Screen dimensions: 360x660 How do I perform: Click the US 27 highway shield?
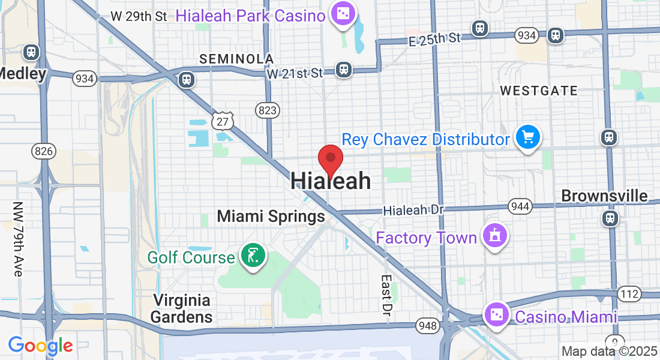point(222,120)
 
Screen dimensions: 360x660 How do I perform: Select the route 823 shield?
point(266,110)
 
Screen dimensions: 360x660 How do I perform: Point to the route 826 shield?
point(43,151)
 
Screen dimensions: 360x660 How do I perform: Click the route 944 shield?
point(520,206)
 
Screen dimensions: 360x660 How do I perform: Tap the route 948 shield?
point(427,325)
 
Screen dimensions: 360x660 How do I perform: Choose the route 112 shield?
point(629,294)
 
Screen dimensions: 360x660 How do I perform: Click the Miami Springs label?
point(271,216)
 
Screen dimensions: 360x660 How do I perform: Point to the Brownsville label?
point(604,196)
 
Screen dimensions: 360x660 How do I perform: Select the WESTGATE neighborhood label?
point(539,91)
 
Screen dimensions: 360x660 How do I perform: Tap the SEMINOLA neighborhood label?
point(236,59)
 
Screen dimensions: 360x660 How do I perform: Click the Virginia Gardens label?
point(181,308)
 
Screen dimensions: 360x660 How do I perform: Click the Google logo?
point(40,346)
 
